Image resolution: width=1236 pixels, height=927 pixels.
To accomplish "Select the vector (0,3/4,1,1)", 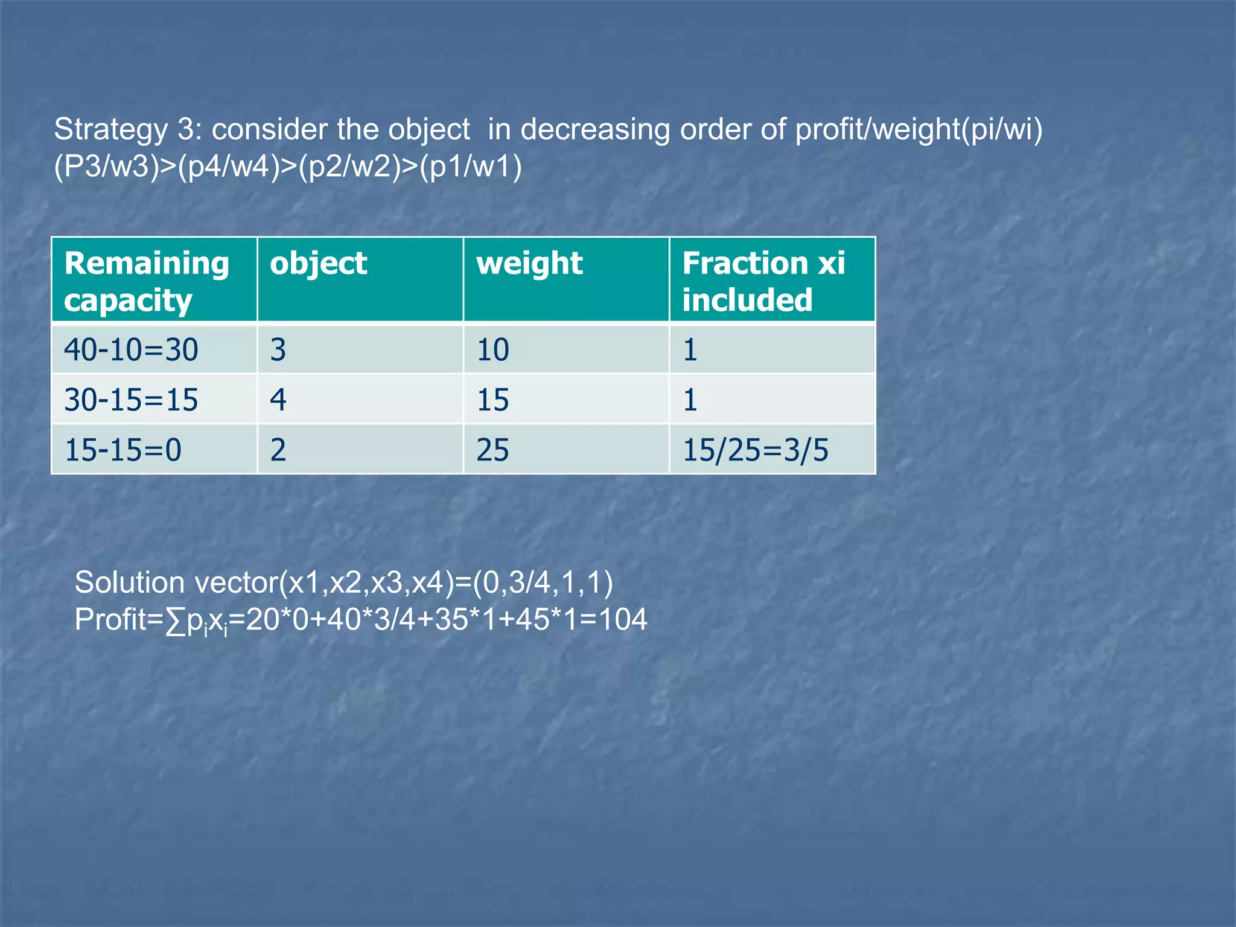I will pos(543,582).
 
